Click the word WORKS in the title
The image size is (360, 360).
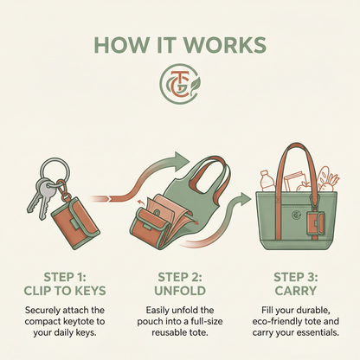pyautogui.click(x=225, y=45)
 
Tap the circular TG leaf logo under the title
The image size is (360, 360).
pyautogui.click(x=180, y=84)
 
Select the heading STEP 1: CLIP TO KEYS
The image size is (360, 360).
pyautogui.click(x=65, y=284)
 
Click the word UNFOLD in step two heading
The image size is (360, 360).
pyautogui.click(x=180, y=291)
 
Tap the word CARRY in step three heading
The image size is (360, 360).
pyautogui.click(x=296, y=291)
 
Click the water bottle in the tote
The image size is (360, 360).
pyautogui.click(x=267, y=181)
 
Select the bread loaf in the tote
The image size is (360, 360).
pyautogui.click(x=323, y=178)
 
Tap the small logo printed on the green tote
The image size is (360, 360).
pyautogui.click(x=296, y=215)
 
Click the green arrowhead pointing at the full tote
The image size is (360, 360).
pyautogui.click(x=245, y=200)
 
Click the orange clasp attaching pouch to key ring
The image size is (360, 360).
pyautogui.click(x=63, y=188)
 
